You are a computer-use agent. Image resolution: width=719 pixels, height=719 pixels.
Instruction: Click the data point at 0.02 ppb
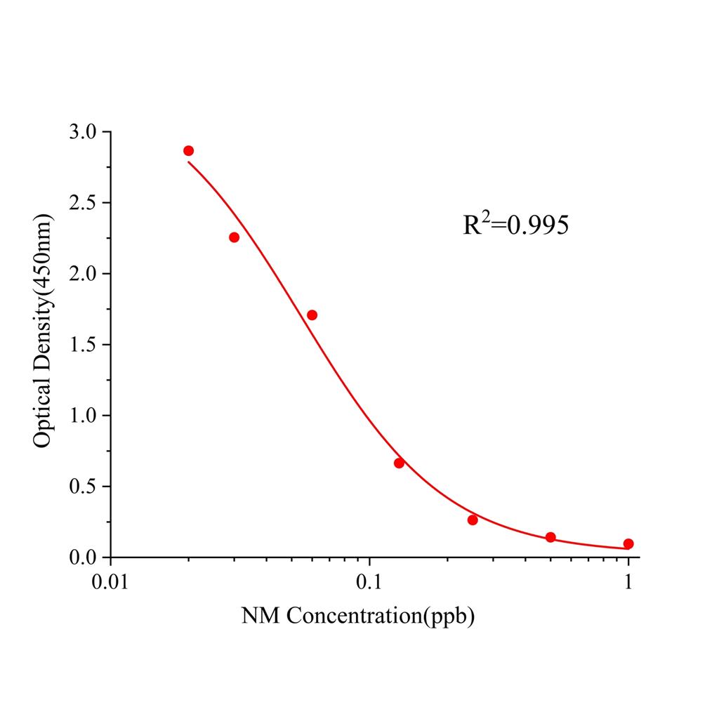pyautogui.click(x=188, y=151)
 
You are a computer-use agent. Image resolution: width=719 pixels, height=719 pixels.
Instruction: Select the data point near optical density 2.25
pyautogui.click(x=235, y=237)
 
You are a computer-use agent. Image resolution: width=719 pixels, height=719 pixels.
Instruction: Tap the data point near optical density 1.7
pyautogui.click(x=312, y=315)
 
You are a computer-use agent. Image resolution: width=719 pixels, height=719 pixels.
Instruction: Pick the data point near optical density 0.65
pyautogui.click(x=399, y=463)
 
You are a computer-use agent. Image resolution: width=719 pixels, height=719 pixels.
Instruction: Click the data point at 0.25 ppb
pyautogui.click(x=473, y=520)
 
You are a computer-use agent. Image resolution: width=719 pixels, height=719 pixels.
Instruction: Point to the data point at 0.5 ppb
pyautogui.click(x=550, y=537)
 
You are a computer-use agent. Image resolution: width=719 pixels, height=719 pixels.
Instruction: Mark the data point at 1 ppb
pyautogui.click(x=628, y=543)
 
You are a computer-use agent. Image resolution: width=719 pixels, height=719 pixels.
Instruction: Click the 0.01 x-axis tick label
pyautogui.click(x=110, y=582)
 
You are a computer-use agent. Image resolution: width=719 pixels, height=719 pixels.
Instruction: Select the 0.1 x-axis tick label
pyautogui.click(x=369, y=582)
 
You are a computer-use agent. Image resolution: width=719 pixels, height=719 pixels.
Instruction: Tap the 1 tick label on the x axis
pyautogui.click(x=628, y=582)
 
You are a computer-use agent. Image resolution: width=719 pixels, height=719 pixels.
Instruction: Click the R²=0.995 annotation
pyautogui.click(x=515, y=225)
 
